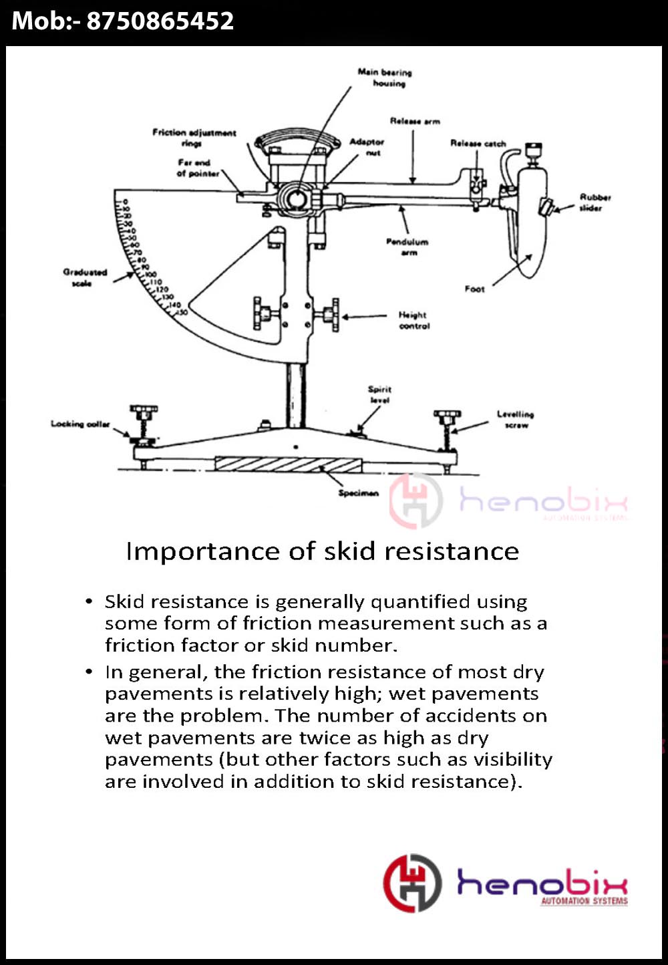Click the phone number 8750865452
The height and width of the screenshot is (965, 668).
coord(160,21)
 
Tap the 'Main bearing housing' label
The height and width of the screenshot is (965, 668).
coord(385,78)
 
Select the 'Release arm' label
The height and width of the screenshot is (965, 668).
coord(415,121)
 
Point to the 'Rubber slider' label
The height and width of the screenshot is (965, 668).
coord(595,202)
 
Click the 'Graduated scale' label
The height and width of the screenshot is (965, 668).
coord(85,277)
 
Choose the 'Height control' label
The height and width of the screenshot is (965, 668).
coord(414,320)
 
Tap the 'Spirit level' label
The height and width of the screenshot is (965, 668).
coord(379,394)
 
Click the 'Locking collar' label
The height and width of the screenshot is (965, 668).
coord(80,424)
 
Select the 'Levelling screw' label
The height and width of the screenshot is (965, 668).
coord(515,419)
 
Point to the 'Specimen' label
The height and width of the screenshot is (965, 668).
coord(358,493)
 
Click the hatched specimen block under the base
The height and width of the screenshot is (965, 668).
coord(289,464)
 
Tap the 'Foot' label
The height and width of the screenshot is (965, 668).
coord(474,289)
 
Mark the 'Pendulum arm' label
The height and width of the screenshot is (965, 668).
coord(407,247)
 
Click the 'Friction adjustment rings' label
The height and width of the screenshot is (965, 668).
coord(194,138)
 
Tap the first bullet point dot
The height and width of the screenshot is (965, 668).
coord(90,601)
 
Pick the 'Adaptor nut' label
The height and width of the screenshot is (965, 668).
coord(367,147)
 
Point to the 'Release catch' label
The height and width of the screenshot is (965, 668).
coord(478,143)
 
